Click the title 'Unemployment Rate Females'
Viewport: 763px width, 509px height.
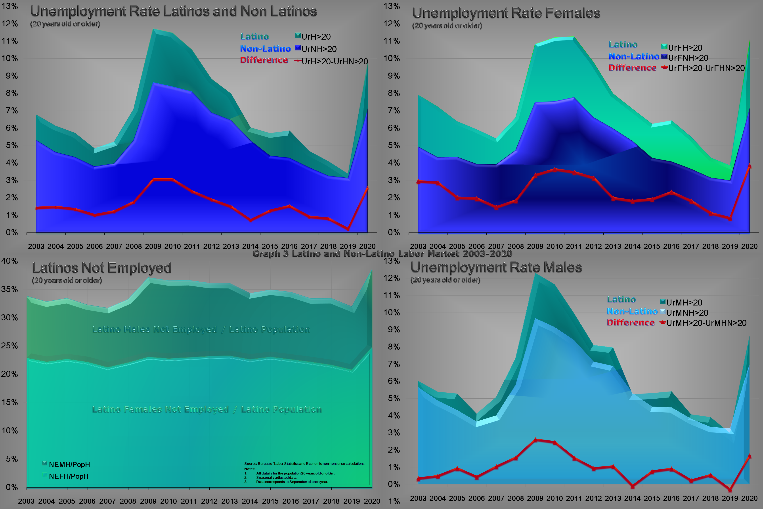pos(506,13)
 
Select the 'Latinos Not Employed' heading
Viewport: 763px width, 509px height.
pos(101,268)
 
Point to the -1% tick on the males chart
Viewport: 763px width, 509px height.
pos(392,501)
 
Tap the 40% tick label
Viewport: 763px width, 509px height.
pos(10,261)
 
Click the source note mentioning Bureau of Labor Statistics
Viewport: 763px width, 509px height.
pos(304,464)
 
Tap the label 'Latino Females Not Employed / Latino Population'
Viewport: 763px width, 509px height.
pos(207,409)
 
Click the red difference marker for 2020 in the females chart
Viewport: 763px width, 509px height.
pos(749,166)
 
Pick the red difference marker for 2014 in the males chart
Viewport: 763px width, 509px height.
pos(633,486)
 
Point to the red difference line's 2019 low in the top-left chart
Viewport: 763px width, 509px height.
pos(348,229)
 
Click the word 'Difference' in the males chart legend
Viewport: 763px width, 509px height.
pos(630,323)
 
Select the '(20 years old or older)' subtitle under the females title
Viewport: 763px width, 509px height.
pos(447,26)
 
